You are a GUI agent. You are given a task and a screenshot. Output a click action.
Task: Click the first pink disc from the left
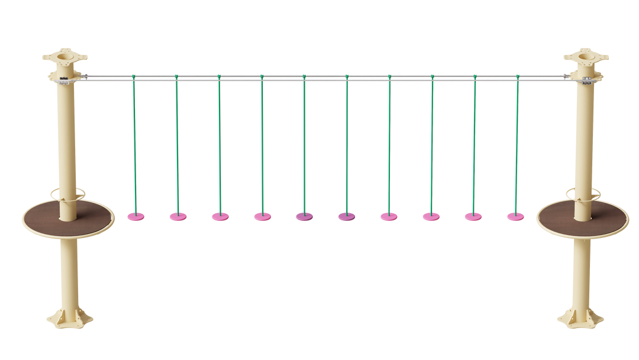pos(135,217)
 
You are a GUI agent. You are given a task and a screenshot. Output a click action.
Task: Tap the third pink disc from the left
pos(220,217)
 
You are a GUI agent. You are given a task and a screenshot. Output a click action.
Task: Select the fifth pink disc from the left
pos(305,217)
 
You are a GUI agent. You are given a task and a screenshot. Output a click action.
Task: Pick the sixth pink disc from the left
pos(347,217)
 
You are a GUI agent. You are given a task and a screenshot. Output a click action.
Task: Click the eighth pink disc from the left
pos(431,217)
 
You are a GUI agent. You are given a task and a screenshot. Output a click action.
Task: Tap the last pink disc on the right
pos(515,217)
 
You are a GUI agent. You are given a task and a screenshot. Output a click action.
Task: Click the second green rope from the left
pos(176,142)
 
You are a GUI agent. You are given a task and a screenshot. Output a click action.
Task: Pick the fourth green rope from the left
pos(262,142)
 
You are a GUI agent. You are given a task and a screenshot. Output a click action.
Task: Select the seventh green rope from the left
pos(389,142)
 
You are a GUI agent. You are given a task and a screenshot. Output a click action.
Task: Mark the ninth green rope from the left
pos(473,142)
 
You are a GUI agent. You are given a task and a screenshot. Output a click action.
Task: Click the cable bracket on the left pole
pos(83,77)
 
